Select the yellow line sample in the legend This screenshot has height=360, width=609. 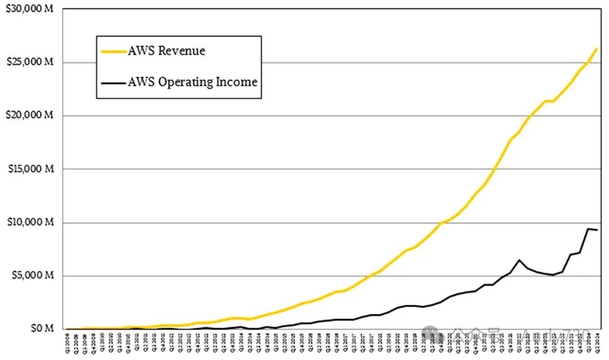coord(113,51)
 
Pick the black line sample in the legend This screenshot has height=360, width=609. coord(113,82)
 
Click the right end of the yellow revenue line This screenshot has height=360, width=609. coord(597,49)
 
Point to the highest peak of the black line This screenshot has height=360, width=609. coord(588,229)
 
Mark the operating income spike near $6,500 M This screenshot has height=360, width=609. coord(519,260)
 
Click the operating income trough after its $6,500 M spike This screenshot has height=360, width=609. coord(554,275)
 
